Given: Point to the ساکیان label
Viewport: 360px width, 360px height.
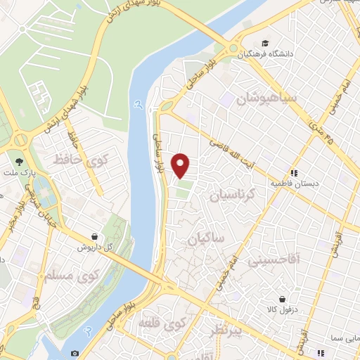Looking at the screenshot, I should click(x=205, y=240).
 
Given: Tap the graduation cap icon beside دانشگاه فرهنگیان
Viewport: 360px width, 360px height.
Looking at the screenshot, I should click(x=264, y=42).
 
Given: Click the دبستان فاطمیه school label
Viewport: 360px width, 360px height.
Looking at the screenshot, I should click(x=295, y=183).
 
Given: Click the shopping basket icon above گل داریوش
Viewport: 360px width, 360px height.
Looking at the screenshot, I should click(x=94, y=237).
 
